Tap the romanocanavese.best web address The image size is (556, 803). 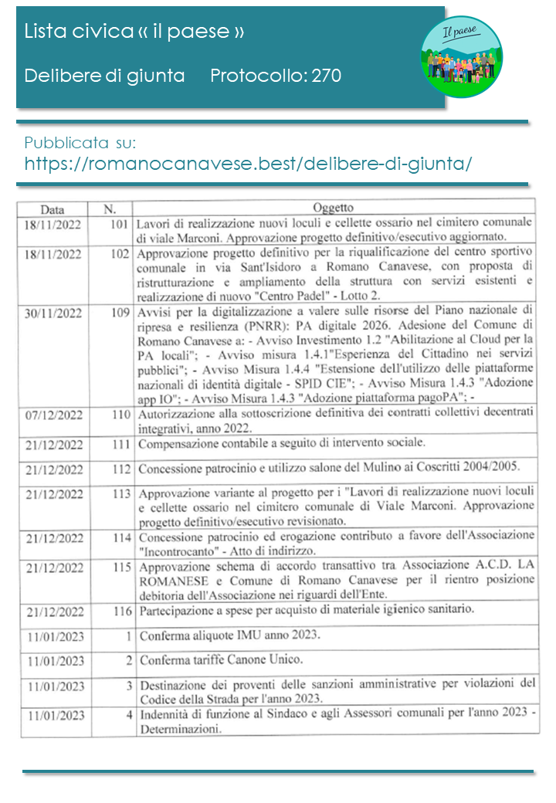click(x=248, y=164)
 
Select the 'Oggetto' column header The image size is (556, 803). click(x=334, y=208)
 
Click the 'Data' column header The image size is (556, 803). click(x=53, y=209)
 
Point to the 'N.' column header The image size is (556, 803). click(x=109, y=208)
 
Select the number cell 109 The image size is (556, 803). click(x=120, y=313)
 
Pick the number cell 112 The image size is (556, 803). click(x=120, y=469)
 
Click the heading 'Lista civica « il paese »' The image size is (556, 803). click(x=134, y=32)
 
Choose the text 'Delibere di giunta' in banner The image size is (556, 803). click(x=104, y=76)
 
